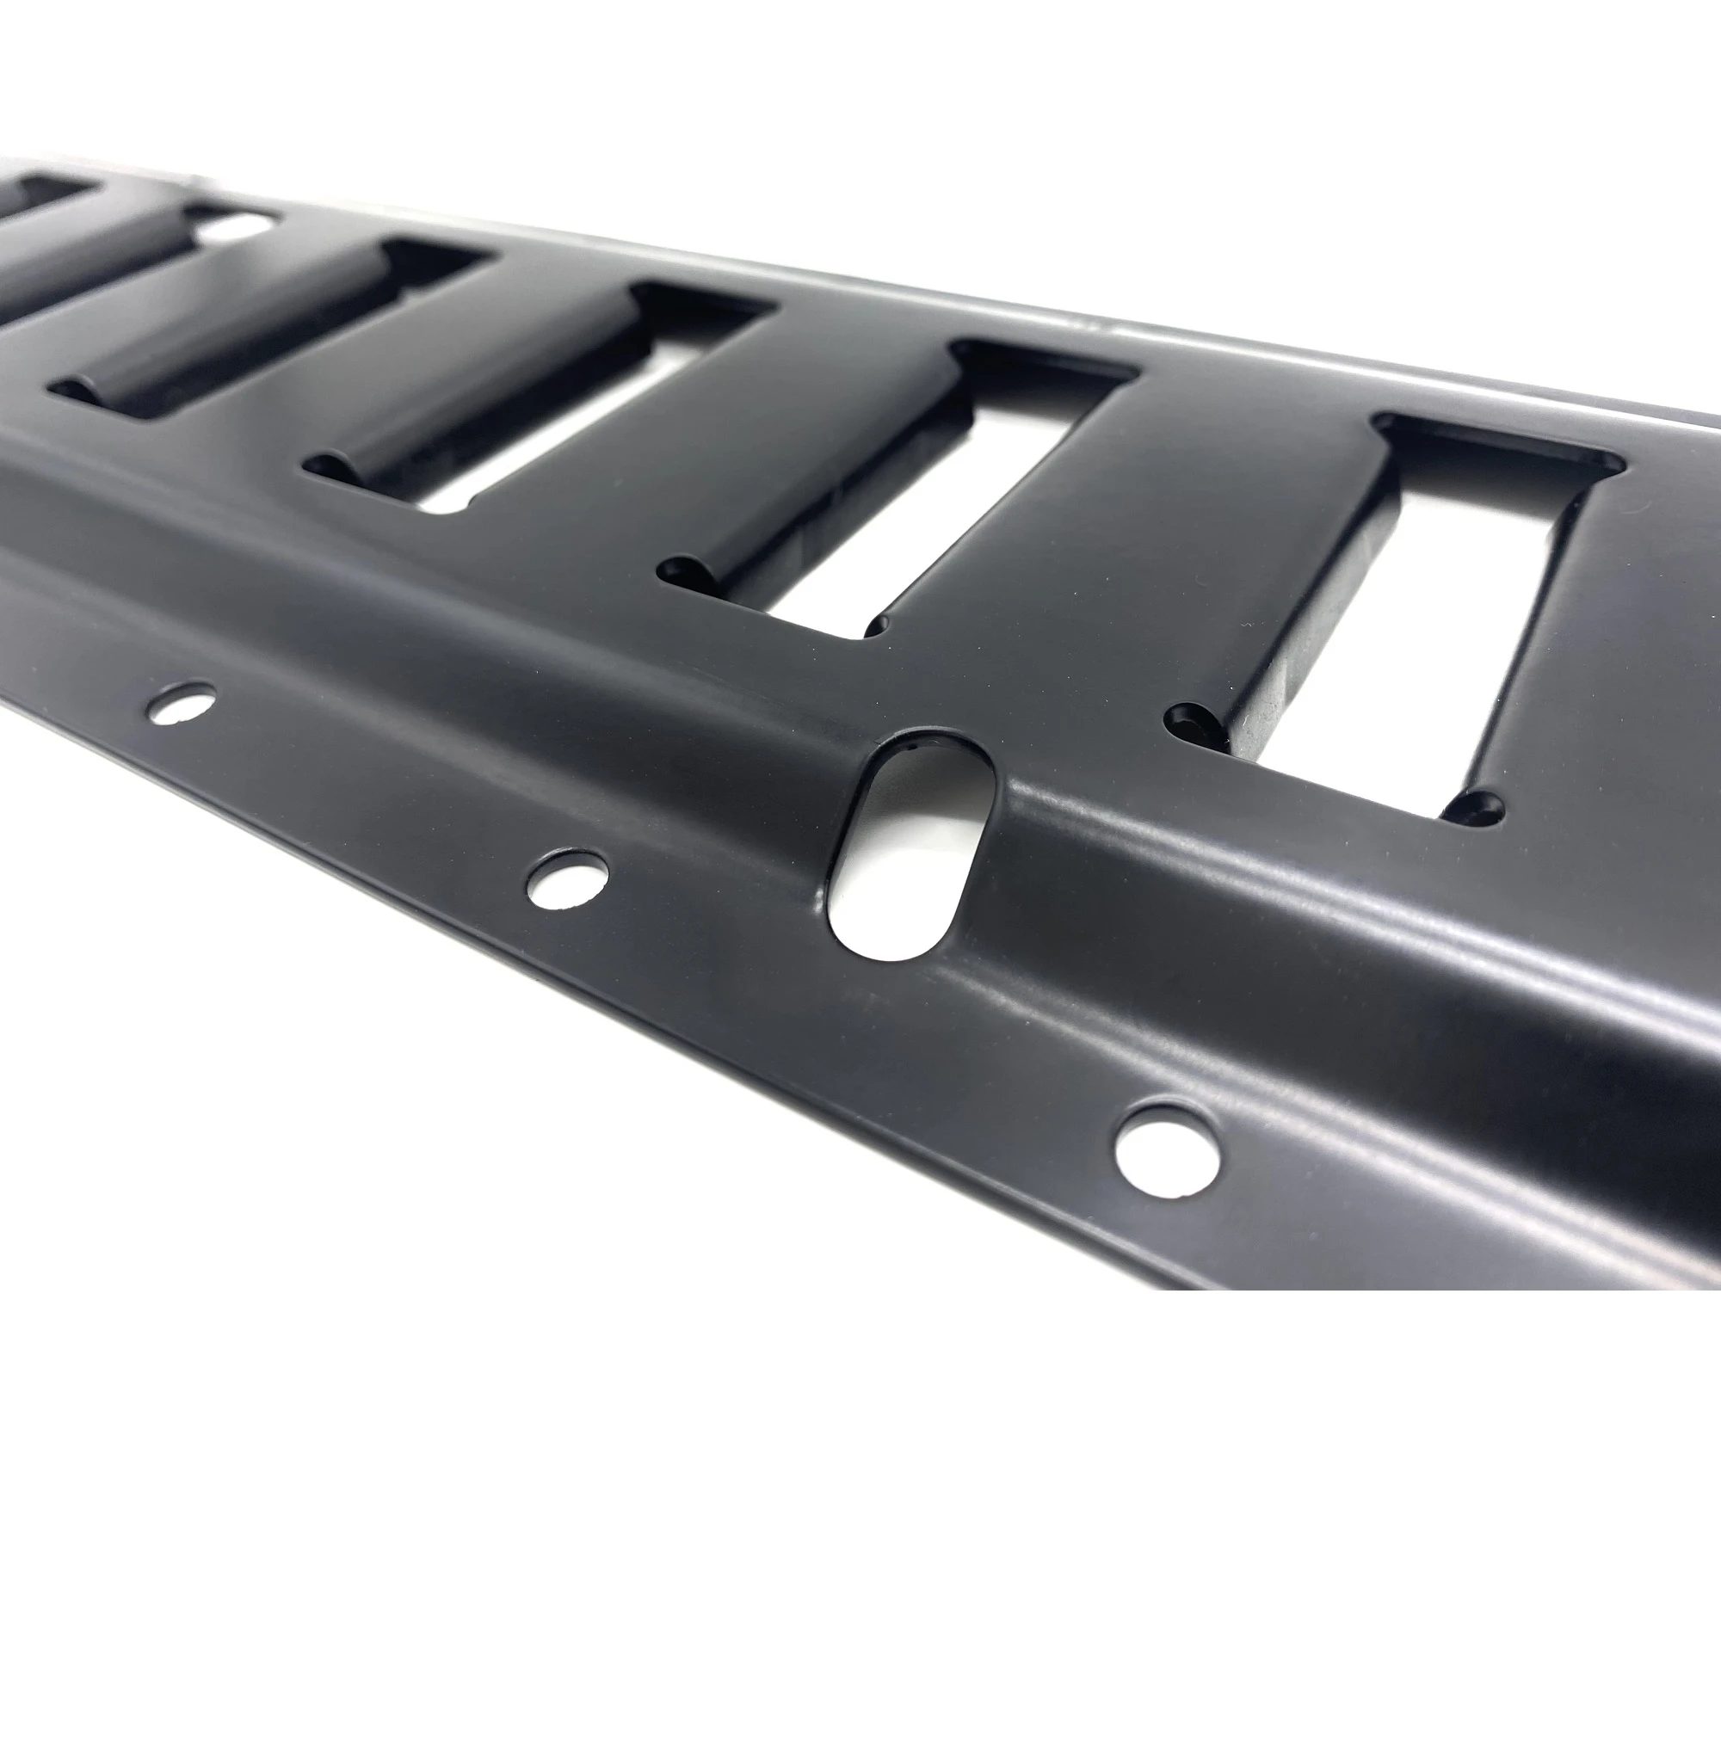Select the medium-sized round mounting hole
pyautogui.click(x=568, y=877)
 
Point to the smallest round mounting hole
pyautogui.click(x=182, y=701)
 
